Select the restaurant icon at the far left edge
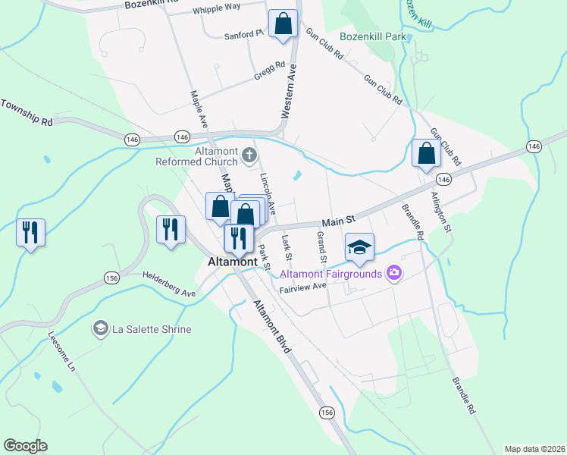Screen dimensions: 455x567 coord(31,231)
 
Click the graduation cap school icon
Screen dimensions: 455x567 coord(359,246)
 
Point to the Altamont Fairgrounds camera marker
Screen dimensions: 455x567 coord(393,273)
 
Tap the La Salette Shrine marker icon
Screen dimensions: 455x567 coord(99,329)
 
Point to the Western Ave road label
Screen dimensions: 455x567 coord(289,89)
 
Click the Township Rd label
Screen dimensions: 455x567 coord(27,113)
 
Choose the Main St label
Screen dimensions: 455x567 coord(338,221)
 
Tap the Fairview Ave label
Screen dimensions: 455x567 coord(302,287)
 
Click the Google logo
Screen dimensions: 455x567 coord(25,446)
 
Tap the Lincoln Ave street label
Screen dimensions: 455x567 coord(267,193)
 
